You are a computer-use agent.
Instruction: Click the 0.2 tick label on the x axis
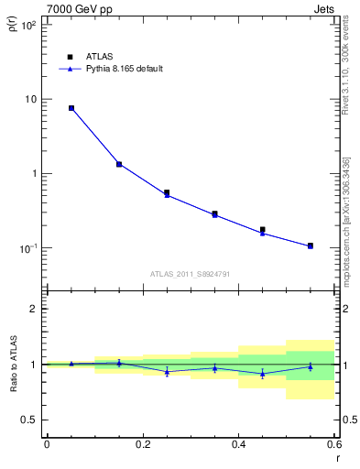pos(142,444)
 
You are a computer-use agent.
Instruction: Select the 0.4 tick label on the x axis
pos(238,444)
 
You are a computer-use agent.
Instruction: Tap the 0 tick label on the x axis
pos(47,444)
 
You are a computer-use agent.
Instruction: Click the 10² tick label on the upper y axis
pos(27,25)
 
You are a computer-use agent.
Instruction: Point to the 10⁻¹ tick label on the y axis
pos(27,248)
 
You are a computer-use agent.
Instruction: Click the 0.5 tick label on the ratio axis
pos(29,420)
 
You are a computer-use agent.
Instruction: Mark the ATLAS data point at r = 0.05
pos(71,108)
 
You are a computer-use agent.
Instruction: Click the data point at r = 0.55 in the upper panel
pos(311,245)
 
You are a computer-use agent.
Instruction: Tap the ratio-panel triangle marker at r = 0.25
pos(167,371)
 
